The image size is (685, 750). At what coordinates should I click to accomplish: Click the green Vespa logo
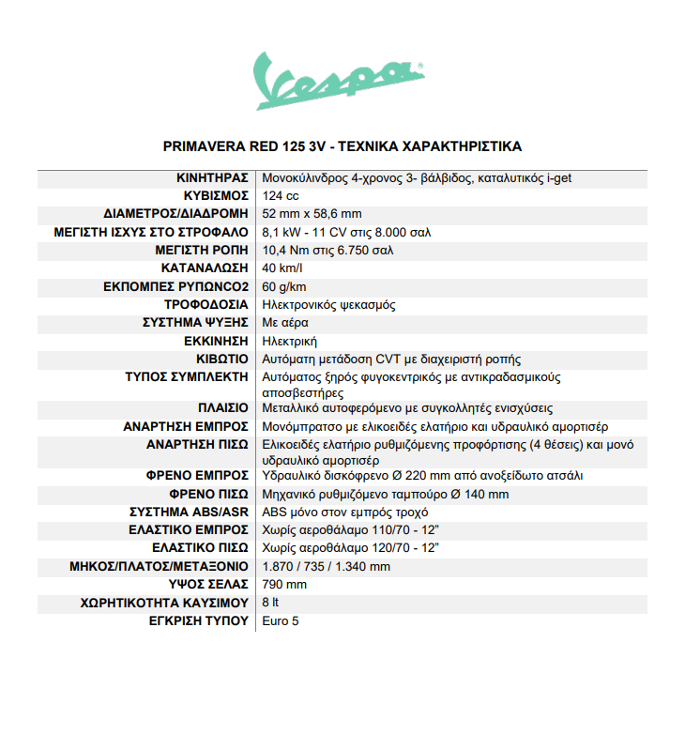click(x=341, y=81)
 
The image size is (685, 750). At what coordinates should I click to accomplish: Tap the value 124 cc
click(x=281, y=195)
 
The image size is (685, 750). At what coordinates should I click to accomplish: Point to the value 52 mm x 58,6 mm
click(x=312, y=213)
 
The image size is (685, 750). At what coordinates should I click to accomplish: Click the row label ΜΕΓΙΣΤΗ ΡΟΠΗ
click(x=202, y=251)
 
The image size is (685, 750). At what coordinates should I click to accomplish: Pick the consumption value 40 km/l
click(x=284, y=268)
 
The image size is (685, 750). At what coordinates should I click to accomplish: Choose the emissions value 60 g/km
click(x=284, y=286)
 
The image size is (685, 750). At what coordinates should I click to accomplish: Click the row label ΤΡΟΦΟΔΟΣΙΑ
click(x=206, y=305)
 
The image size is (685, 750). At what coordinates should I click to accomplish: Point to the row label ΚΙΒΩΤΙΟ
click(x=222, y=360)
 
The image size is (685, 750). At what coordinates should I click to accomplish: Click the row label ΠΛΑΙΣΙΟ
click(x=222, y=408)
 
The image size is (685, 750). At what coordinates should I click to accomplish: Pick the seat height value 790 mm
click(x=284, y=585)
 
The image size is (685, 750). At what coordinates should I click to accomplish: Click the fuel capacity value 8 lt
click(x=270, y=603)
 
